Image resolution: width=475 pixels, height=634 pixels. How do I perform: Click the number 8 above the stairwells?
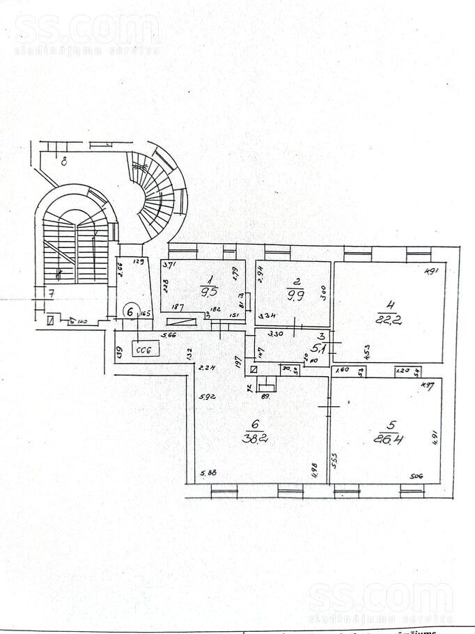click(x=63, y=163)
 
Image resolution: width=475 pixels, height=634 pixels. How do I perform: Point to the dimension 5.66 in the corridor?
click(x=168, y=337)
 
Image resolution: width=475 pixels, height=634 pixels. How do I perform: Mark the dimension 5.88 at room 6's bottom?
click(x=208, y=474)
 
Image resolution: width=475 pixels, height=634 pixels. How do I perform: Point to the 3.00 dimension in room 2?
click(x=322, y=293)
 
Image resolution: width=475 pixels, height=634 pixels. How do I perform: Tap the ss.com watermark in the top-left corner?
click(x=86, y=30)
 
